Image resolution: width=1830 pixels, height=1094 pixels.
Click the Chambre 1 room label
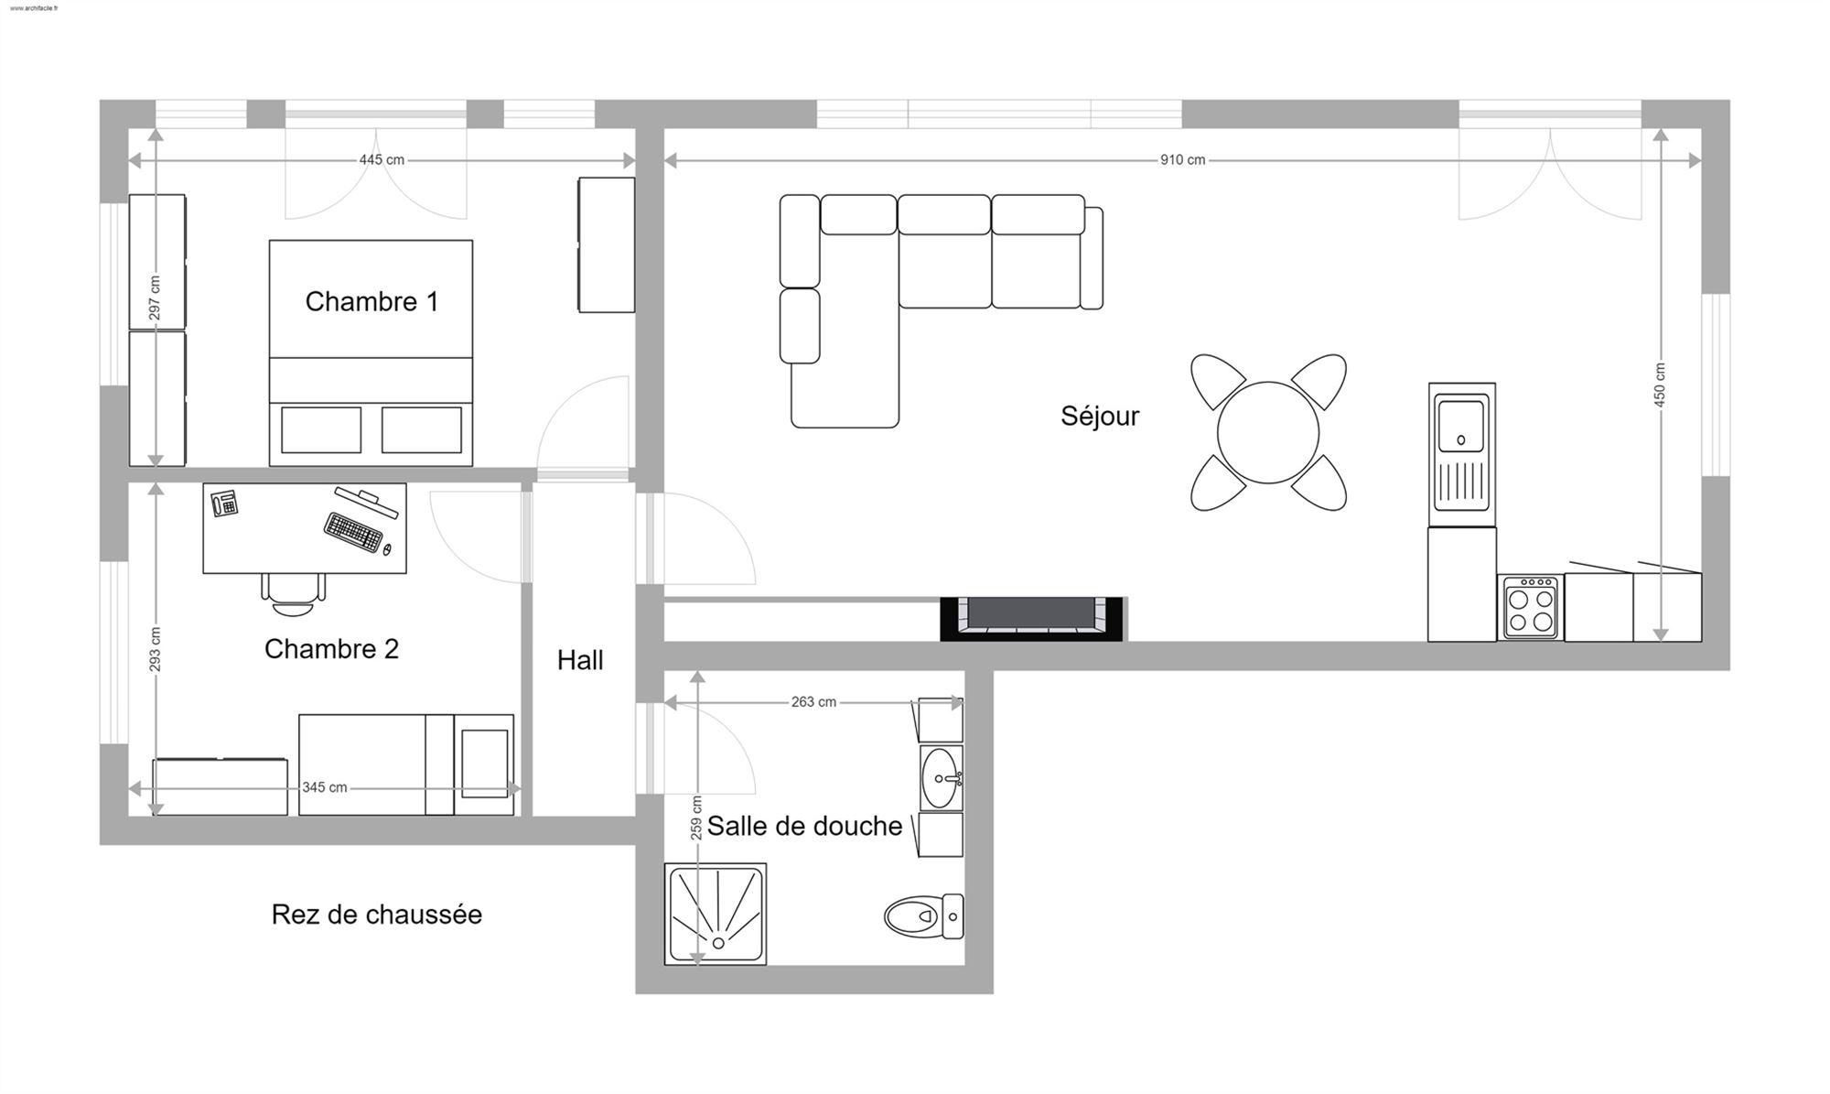tap(371, 301)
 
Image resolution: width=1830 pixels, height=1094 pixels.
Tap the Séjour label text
tap(1100, 416)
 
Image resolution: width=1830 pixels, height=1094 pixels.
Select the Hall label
tap(580, 660)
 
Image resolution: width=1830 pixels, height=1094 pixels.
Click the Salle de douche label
tap(804, 826)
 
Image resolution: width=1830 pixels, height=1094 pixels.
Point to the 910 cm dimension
tap(1183, 160)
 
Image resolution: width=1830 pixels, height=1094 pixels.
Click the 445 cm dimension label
tap(382, 160)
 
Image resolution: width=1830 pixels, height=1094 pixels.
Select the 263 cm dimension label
tap(813, 702)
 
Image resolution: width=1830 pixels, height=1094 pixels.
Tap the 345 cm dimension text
tap(325, 787)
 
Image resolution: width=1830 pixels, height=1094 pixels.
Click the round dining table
tap(1268, 432)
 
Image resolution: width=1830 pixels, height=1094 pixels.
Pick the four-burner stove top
tap(1531, 606)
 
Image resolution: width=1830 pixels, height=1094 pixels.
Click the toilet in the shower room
tap(924, 915)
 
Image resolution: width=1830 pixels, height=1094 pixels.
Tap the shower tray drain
tap(718, 943)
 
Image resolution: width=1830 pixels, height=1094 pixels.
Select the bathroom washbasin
tap(942, 778)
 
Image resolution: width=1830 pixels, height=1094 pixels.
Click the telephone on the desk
tap(224, 504)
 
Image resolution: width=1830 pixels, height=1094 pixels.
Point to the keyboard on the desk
tap(353, 532)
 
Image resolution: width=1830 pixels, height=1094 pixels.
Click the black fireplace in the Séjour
tap(1032, 619)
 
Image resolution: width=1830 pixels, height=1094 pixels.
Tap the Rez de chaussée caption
tap(377, 915)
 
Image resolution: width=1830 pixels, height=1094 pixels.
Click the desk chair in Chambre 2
tap(294, 594)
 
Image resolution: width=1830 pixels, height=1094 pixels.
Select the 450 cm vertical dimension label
tap(1661, 385)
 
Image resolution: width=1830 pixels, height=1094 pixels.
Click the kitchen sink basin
tap(1461, 426)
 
